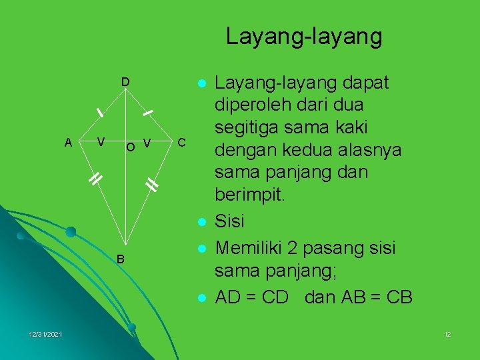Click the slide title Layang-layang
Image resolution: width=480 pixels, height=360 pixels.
click(x=304, y=36)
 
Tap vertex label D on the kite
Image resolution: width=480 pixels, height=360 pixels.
click(x=125, y=82)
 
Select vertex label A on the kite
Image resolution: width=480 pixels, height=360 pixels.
click(x=68, y=142)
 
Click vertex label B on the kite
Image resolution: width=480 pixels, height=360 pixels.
click(x=121, y=259)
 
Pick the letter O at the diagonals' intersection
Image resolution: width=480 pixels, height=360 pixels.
click(x=131, y=146)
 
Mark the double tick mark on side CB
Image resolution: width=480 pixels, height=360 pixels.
click(x=152, y=185)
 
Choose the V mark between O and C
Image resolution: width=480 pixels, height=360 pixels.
click(x=147, y=143)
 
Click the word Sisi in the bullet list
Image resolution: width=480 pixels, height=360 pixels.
click(x=230, y=220)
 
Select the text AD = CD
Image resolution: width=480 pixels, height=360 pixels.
click(x=251, y=297)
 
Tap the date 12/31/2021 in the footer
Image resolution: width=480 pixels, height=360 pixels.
click(x=46, y=334)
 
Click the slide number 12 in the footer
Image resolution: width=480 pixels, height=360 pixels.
click(x=447, y=334)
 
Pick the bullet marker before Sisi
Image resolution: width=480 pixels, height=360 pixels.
click(x=201, y=221)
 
